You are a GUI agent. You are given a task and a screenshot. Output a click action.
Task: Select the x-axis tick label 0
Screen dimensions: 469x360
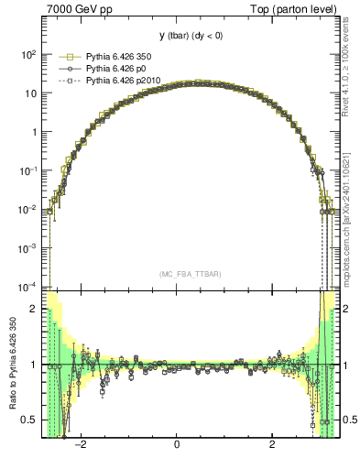pos(177,446)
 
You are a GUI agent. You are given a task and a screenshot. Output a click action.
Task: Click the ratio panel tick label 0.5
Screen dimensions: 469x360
pos(29,420)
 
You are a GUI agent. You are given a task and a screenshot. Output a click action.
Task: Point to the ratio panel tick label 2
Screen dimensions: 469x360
pos(34,309)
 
